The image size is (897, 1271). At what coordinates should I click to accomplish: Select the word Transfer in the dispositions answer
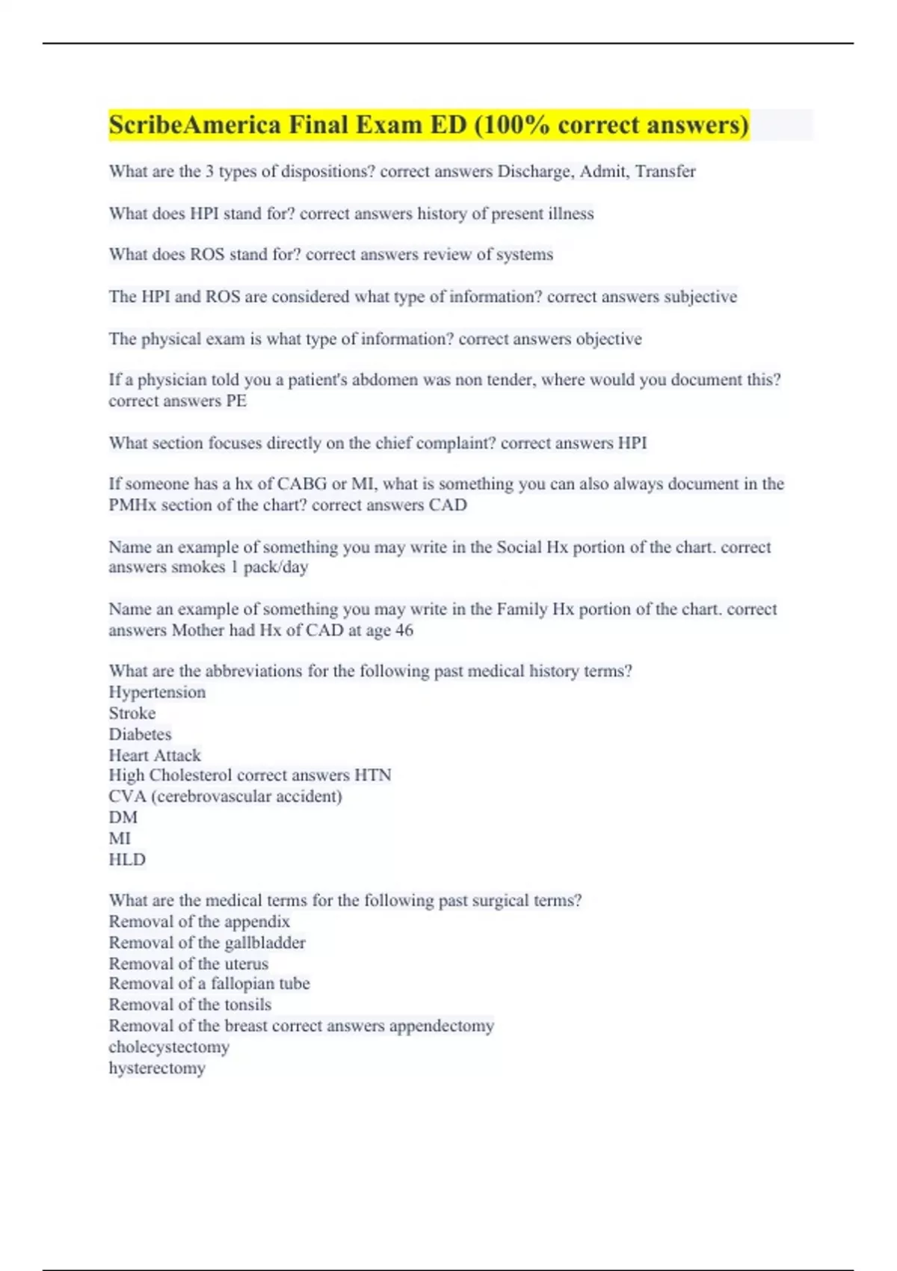coord(665,171)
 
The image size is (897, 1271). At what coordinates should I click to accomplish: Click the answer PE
coord(236,401)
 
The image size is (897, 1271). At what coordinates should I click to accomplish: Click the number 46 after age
coord(404,630)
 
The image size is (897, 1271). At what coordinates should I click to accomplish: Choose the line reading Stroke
coord(132,713)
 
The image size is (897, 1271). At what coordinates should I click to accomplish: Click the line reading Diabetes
coord(140,734)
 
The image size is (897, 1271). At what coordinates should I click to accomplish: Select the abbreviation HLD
coord(127,860)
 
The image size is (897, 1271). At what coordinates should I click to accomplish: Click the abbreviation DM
coord(123,817)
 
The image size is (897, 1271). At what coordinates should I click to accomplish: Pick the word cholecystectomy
coord(169,1047)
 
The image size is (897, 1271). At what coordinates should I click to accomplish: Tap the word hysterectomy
coord(157,1068)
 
